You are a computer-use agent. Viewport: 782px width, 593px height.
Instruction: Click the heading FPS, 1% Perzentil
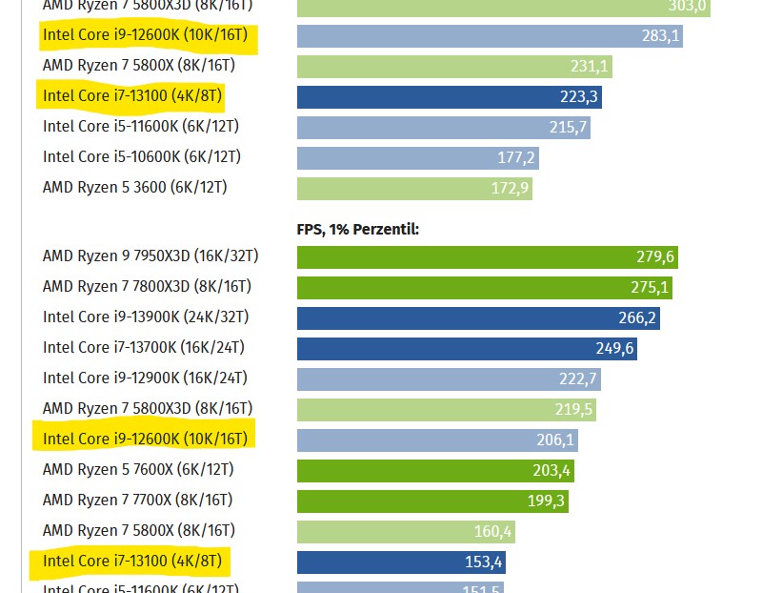coord(358,230)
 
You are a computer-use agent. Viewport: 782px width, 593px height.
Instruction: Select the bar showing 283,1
coord(490,36)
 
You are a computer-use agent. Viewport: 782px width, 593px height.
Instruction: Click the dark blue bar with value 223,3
coord(449,97)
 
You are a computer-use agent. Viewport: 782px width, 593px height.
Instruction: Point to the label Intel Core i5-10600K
coord(142,156)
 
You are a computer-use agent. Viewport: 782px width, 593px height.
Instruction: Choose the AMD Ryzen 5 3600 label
coord(135,187)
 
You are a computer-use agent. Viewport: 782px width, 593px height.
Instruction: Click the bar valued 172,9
coord(414,189)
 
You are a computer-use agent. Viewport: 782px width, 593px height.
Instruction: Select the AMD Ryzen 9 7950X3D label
coord(150,256)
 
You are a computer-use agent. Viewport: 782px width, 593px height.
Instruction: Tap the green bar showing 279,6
coord(487,257)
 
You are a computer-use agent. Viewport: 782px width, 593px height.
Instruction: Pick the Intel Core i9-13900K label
coord(146,317)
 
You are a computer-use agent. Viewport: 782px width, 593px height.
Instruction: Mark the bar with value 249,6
coord(467,349)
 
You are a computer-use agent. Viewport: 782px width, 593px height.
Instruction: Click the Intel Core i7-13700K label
coord(145,347)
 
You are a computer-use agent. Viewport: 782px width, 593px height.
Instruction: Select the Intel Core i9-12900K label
coord(145,378)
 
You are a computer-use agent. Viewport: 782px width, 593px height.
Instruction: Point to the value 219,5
coord(575,409)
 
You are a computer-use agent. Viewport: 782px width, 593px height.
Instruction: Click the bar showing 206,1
coord(437,440)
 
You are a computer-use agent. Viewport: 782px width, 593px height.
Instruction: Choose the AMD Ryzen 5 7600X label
coord(138,469)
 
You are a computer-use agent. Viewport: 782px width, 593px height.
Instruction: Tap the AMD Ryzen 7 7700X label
coord(138,500)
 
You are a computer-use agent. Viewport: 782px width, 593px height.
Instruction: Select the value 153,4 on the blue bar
coord(483,562)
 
